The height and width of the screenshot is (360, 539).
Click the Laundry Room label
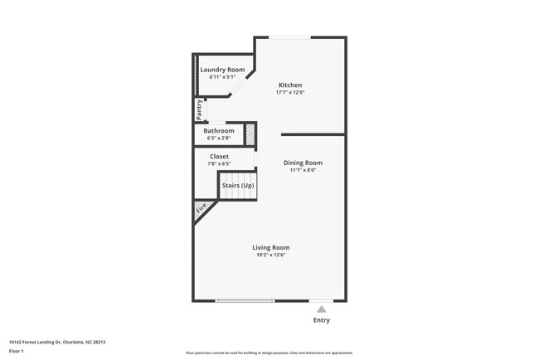pyautogui.click(x=219, y=69)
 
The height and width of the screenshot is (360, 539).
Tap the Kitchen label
pyautogui.click(x=290, y=85)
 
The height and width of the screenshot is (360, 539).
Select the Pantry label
pyautogui.click(x=199, y=108)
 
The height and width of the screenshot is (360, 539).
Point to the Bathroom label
pyautogui.click(x=219, y=130)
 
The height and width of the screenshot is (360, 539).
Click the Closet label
pyautogui.click(x=219, y=156)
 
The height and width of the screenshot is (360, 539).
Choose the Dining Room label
pyautogui.click(x=303, y=163)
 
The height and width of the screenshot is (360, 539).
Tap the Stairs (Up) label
pyautogui.click(x=237, y=185)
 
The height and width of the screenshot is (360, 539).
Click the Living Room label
pyautogui.click(x=271, y=247)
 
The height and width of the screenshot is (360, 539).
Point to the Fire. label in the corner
pyautogui.click(x=202, y=211)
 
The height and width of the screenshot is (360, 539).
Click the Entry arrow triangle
pyautogui.click(x=322, y=309)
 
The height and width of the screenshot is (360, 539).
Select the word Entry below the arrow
pyautogui.click(x=322, y=320)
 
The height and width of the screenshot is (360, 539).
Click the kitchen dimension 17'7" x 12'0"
pyautogui.click(x=290, y=92)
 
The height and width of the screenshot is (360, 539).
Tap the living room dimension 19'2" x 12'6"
pyautogui.click(x=271, y=255)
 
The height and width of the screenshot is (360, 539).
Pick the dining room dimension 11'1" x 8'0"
pyautogui.click(x=303, y=170)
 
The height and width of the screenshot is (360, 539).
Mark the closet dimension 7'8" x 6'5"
pyautogui.click(x=219, y=163)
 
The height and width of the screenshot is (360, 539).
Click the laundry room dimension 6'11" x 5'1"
pyautogui.click(x=219, y=76)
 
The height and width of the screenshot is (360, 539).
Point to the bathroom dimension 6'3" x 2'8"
pyautogui.click(x=219, y=138)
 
